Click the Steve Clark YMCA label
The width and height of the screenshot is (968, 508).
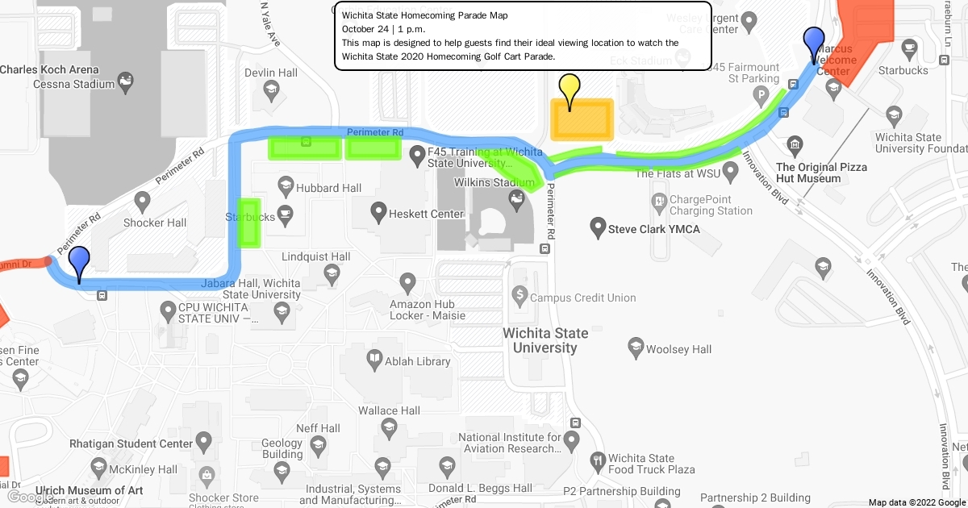[653, 229]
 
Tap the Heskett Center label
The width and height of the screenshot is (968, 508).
[426, 214]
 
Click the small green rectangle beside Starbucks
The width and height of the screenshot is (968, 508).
[248, 222]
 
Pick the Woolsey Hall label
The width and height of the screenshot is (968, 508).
[678, 349]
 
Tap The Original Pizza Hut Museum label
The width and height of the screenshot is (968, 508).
[821, 173]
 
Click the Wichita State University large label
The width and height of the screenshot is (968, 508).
[545, 340]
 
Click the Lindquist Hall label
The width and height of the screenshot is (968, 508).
[315, 256]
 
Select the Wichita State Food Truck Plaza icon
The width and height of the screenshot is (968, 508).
[597, 460]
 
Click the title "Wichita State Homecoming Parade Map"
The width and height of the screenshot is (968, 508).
[424, 15]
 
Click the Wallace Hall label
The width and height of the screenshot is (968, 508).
[389, 410]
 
